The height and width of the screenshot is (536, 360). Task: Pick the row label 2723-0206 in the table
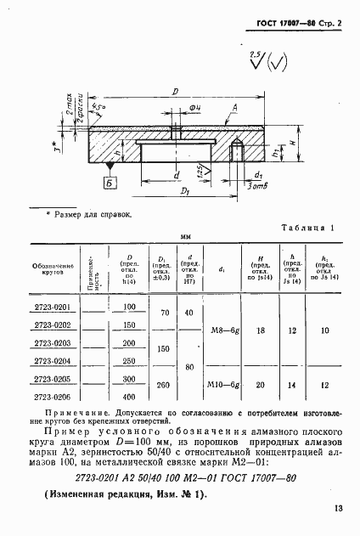52,396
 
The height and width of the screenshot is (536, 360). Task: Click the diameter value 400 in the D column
130,396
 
